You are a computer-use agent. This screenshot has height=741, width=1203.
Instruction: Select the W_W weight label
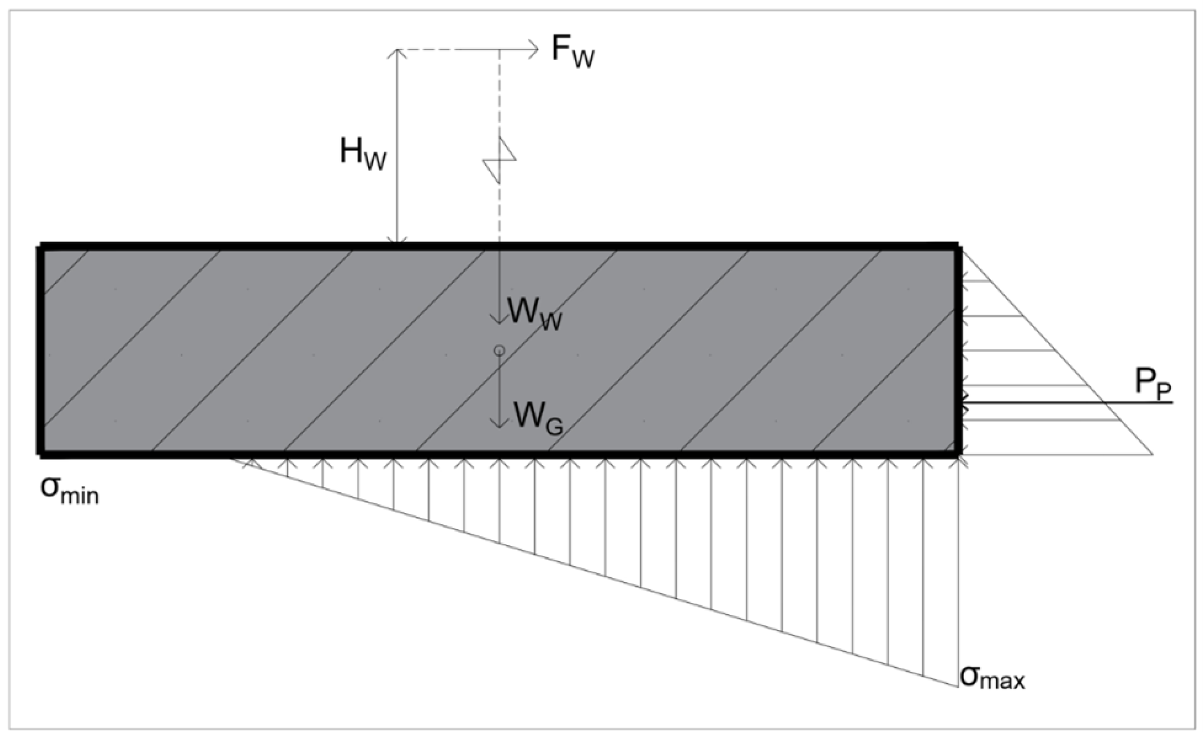coord(534,314)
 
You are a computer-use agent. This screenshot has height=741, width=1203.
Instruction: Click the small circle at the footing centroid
coord(499,350)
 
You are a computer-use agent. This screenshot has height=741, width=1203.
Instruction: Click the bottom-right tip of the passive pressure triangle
coord(1152,455)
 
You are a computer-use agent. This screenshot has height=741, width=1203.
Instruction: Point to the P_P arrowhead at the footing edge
coord(962,402)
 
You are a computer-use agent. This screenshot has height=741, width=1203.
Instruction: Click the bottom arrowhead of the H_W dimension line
coord(397,242)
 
